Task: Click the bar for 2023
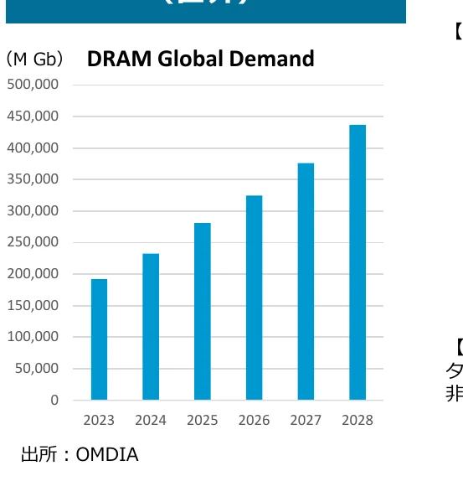[x=99, y=339]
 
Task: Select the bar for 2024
[x=151, y=327]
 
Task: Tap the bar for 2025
[x=202, y=311]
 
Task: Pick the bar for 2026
[x=254, y=298]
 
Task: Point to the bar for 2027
[x=306, y=282]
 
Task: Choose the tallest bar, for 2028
[x=358, y=262]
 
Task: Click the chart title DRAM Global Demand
[x=200, y=59]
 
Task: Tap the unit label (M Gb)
[x=34, y=60]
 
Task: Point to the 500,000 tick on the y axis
[x=33, y=85]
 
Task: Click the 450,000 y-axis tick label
[x=33, y=116]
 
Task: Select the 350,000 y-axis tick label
[x=33, y=179]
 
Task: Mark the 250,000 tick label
[x=33, y=242]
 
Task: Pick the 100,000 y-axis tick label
[x=33, y=337]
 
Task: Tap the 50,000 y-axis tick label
[x=36, y=369]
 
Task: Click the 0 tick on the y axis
[x=54, y=401]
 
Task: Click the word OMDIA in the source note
[x=107, y=455]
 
